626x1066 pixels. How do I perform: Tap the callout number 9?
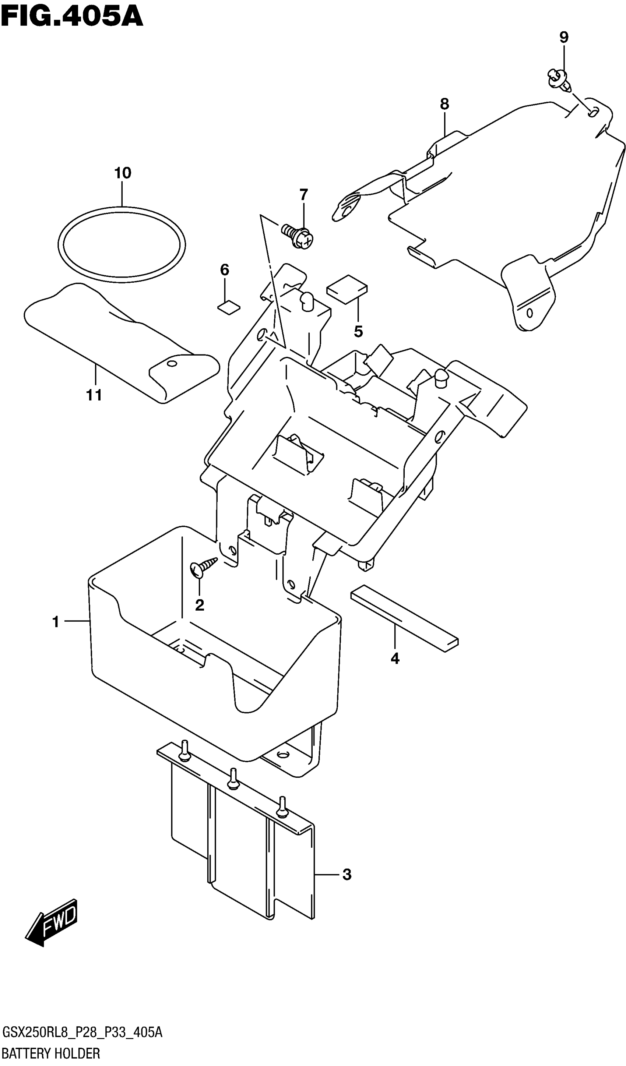click(x=564, y=38)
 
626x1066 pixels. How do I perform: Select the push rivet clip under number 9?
click(x=559, y=80)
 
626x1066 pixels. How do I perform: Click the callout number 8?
click(x=444, y=104)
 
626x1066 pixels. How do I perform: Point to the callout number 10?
click(x=123, y=173)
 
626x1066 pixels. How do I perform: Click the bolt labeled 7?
click(x=299, y=235)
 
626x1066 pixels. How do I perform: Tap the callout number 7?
click(x=303, y=195)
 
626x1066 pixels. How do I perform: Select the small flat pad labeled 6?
click(x=229, y=307)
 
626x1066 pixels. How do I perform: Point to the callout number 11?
click(x=94, y=396)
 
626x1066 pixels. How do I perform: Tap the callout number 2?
click(x=200, y=606)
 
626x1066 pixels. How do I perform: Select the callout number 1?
click(x=56, y=622)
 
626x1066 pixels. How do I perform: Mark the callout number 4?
click(x=395, y=659)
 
